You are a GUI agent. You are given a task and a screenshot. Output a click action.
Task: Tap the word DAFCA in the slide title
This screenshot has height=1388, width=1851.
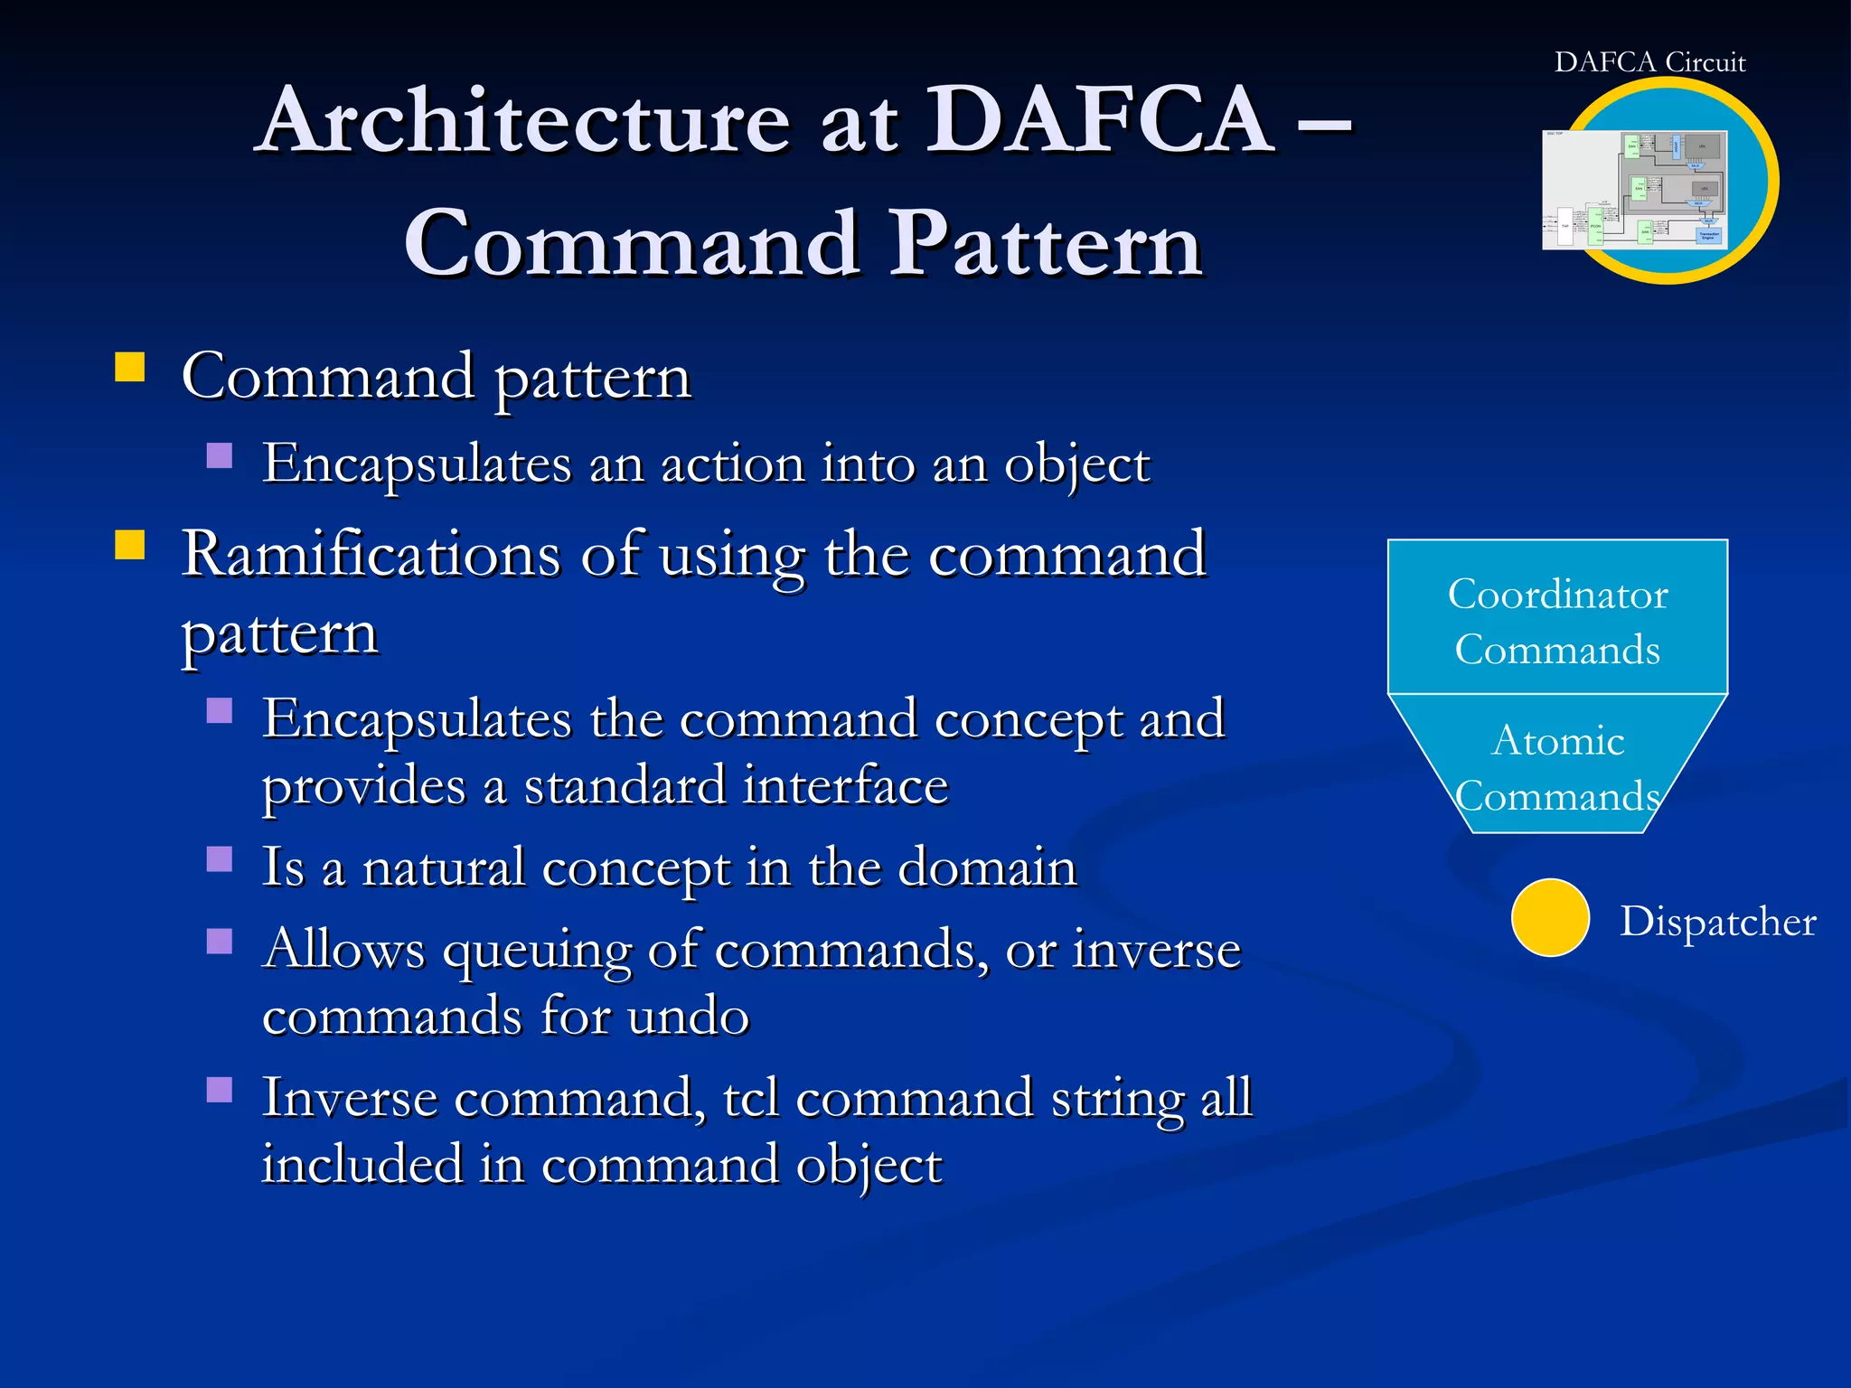pos(1102,120)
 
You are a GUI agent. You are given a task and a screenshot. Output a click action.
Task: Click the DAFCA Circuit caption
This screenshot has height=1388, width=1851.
pos(1649,61)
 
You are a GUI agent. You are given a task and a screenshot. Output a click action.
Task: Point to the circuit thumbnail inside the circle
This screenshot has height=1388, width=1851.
pos(1635,190)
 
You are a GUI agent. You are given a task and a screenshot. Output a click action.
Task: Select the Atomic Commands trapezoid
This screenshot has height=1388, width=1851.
pos(1557,766)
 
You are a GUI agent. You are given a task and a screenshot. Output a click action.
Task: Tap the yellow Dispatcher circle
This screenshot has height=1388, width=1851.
pos(1550,917)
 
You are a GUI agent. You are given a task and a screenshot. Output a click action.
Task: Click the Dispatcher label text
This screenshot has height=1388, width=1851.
pos(1717,922)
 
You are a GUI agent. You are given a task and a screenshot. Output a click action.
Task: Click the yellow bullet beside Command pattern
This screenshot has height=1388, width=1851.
pos(130,368)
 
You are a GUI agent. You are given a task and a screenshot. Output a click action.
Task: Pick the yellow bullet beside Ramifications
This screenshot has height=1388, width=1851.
pos(130,546)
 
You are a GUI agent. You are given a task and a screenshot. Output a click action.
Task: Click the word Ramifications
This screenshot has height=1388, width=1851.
pos(371,554)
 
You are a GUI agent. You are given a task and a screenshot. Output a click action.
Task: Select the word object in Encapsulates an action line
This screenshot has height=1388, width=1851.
pos(1077,465)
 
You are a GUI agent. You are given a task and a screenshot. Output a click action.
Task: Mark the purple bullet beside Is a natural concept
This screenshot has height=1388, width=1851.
pos(220,858)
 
